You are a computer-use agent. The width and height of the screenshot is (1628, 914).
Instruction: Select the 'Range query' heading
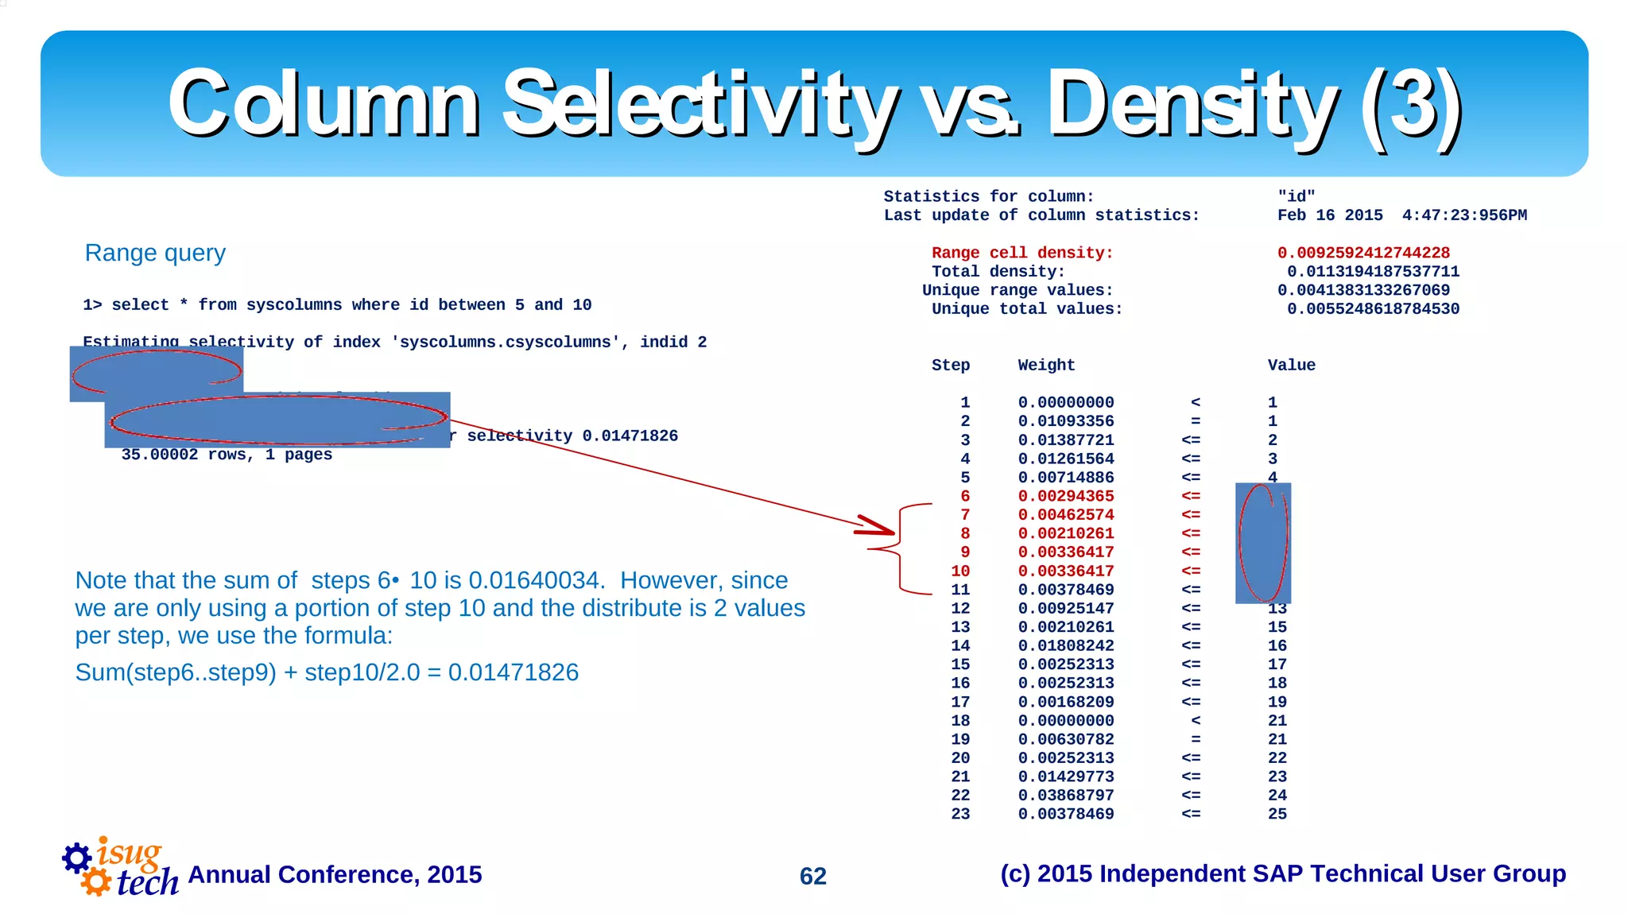(155, 253)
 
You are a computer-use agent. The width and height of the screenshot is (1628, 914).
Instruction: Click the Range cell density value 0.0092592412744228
(1363, 253)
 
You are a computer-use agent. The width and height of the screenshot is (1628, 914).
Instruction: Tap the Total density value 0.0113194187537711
(1373, 272)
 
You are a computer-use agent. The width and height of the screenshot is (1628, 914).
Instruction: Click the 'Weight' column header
(1046, 365)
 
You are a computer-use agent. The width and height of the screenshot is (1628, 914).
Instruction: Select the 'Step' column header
(951, 365)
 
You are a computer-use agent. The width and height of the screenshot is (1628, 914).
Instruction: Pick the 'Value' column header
(1291, 365)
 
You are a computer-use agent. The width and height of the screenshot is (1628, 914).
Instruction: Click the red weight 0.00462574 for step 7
(1066, 515)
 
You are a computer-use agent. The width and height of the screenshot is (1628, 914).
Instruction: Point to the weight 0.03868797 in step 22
(1066, 796)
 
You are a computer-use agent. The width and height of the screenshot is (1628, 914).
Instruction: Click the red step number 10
(960, 571)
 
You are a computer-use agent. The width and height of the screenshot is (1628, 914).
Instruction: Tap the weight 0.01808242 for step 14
(1066, 646)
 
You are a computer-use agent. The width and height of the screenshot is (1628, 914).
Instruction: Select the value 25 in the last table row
(1277, 814)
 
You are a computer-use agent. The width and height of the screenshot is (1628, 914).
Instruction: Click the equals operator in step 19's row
(1195, 739)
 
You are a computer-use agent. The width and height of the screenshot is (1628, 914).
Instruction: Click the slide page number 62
(812, 876)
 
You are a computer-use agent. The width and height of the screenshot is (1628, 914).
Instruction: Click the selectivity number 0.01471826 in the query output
(630, 436)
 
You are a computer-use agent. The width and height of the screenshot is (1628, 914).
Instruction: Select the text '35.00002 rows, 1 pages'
(227, 455)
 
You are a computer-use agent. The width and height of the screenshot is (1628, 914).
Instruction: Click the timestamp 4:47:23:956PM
(1464, 215)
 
